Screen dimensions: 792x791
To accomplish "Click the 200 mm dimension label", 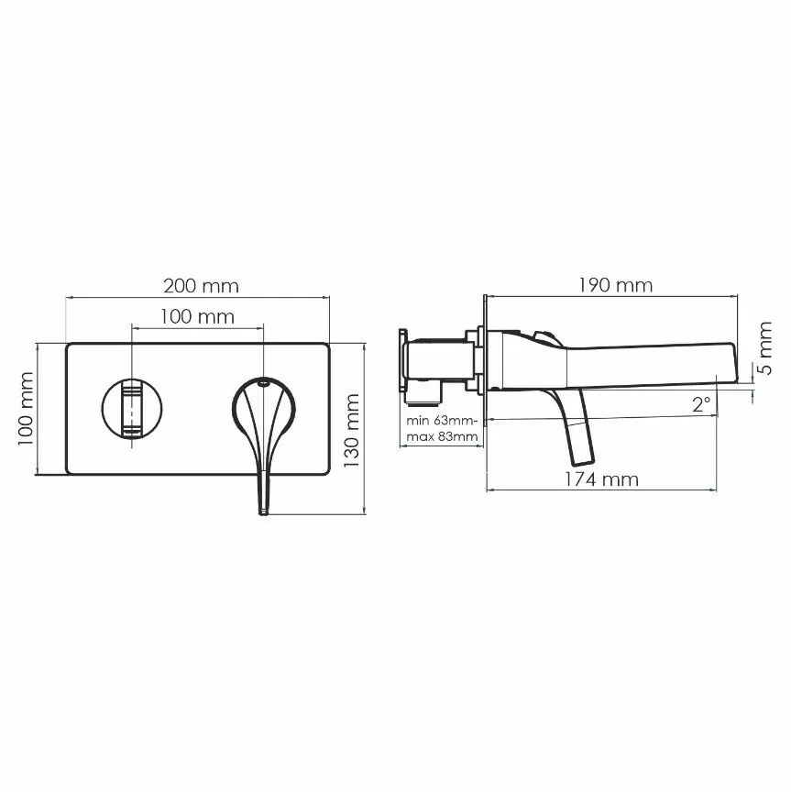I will point(200,285).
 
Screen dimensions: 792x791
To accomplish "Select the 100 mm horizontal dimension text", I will point(197,317).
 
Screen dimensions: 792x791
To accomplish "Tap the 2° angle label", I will point(702,403).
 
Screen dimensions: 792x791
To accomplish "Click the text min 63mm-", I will point(442,420).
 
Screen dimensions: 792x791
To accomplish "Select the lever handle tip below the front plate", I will point(264,504).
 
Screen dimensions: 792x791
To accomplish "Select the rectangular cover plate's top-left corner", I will point(68,345).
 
